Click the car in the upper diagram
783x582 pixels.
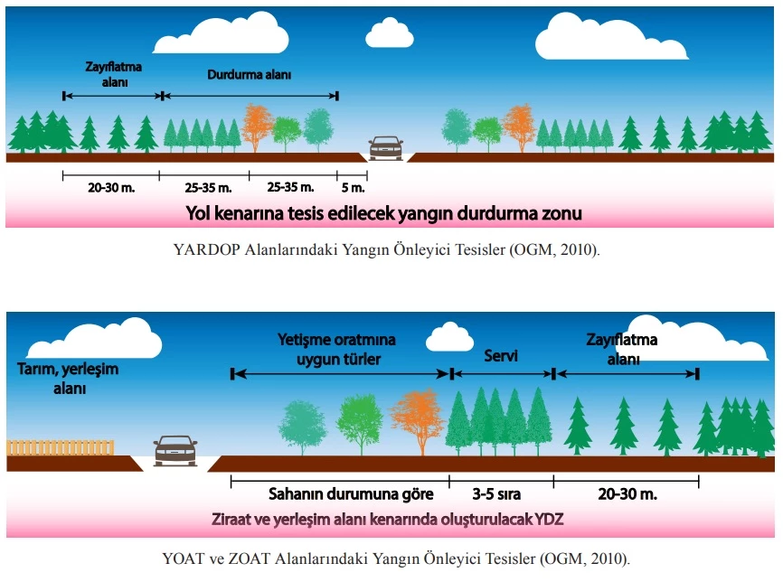pyautogui.click(x=386, y=146)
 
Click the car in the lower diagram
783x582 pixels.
pyautogui.click(x=175, y=449)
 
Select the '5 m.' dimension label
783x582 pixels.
pyautogui.click(x=353, y=187)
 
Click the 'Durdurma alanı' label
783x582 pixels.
pyautogui.click(x=249, y=76)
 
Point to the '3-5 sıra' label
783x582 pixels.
pyautogui.click(x=502, y=494)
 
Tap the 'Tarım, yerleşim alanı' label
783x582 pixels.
pyautogui.click(x=67, y=379)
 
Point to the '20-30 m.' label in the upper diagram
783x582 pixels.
pyautogui.click(x=109, y=187)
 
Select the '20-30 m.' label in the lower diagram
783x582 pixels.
pyautogui.click(x=627, y=494)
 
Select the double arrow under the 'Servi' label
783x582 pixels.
pyautogui.click(x=502, y=373)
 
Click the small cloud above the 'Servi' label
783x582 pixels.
pyautogui.click(x=449, y=337)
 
